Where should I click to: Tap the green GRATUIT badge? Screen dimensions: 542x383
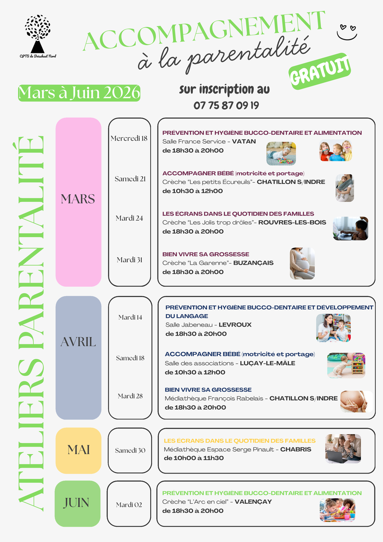coord(320,72)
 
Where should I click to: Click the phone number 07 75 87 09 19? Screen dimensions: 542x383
coord(226,105)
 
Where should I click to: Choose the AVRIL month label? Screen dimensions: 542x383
coord(78,342)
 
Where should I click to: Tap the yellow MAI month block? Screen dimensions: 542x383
coord(78,450)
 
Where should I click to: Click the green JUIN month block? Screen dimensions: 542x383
coord(77,503)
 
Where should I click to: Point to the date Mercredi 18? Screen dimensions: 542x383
coord(129,138)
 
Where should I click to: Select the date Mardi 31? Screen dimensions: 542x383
coord(129,260)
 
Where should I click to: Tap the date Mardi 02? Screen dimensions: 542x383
coord(129,505)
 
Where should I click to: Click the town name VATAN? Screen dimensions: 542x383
coord(244,141)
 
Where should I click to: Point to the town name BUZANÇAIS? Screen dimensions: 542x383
coord(253,263)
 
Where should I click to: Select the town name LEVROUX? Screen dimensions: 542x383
coord(235,325)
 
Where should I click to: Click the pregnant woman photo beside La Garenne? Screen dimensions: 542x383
coord(302,264)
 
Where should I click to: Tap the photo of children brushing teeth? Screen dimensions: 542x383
coord(336,151)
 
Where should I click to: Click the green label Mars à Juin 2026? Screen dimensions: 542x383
coord(79,93)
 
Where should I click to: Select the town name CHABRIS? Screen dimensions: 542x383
coord(296,449)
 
